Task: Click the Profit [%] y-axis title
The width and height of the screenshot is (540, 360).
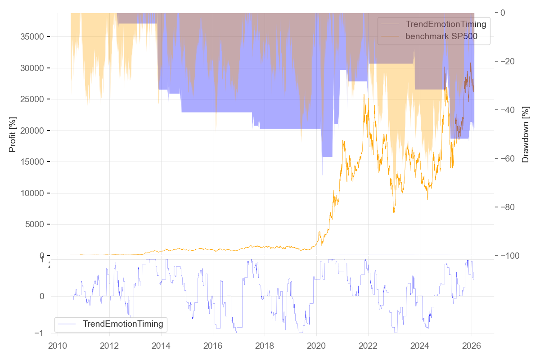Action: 13,134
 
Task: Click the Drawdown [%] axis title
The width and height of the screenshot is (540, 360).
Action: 525,135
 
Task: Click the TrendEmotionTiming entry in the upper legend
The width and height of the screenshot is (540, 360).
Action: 445,24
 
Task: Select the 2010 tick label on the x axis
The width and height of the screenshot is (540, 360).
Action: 58,346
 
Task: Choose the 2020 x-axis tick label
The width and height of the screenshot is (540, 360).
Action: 316,346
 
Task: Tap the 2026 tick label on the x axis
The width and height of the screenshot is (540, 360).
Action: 472,346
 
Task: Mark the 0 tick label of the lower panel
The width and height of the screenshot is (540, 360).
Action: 42,296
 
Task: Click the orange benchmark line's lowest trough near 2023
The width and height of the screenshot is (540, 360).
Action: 394,212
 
